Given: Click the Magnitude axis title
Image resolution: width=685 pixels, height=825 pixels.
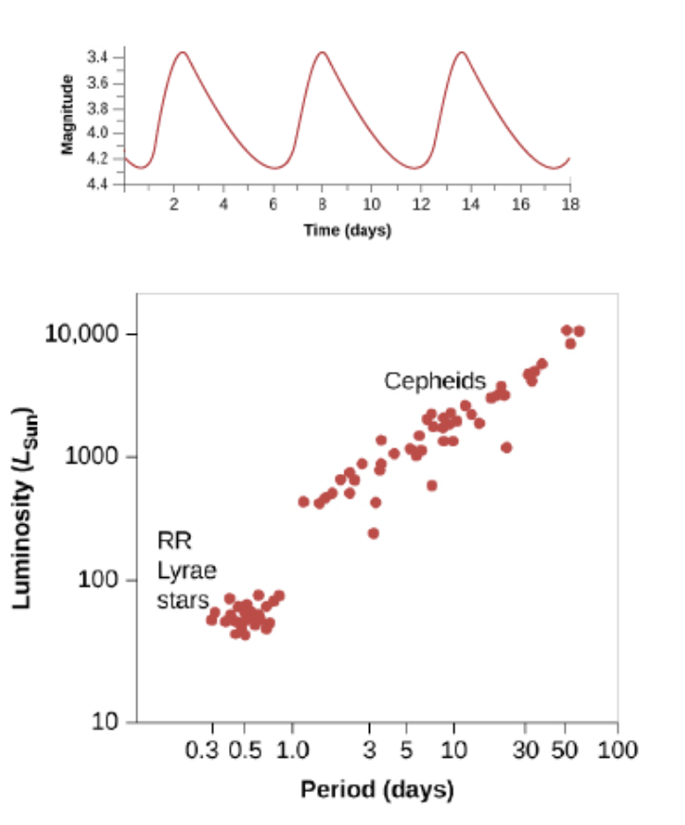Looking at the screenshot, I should click(67, 114).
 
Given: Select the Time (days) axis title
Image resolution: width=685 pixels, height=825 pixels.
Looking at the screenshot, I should click(347, 231).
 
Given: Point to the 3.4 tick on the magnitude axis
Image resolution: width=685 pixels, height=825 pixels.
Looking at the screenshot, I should click(97, 59).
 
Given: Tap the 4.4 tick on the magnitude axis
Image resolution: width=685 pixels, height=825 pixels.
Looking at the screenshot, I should click(97, 183).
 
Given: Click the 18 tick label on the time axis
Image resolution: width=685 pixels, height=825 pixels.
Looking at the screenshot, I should click(571, 204).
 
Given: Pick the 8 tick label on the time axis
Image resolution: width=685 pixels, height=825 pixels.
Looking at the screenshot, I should click(322, 204).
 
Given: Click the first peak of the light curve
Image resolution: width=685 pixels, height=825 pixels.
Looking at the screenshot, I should click(182, 53).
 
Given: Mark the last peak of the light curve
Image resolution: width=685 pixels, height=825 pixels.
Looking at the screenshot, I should click(461, 53).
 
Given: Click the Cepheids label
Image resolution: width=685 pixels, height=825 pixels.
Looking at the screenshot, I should click(434, 381).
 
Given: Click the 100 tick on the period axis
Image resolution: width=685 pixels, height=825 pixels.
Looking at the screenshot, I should click(617, 750).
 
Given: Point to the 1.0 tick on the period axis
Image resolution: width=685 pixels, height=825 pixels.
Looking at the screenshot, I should click(292, 750).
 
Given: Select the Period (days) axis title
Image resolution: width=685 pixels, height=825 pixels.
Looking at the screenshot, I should click(377, 789).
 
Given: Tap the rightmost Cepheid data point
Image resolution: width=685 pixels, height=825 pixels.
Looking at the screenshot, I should click(579, 331).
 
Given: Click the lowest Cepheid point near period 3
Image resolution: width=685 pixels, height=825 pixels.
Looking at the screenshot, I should click(373, 534).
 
